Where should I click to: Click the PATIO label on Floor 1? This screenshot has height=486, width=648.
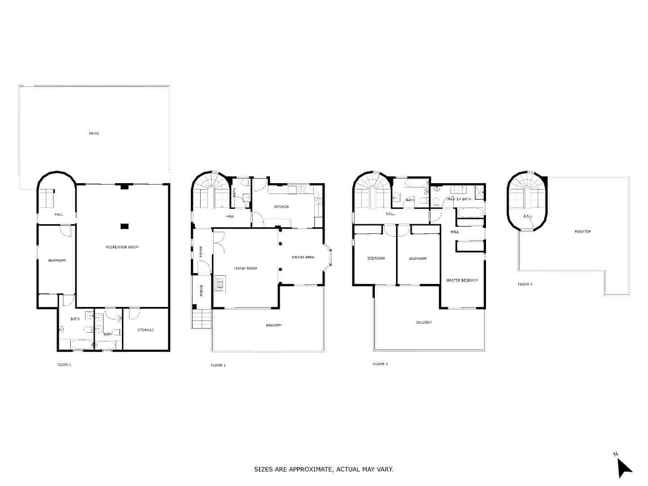tap(94, 134)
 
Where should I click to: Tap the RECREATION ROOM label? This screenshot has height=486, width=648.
tap(122, 247)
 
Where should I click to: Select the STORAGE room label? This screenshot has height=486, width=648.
tap(145, 330)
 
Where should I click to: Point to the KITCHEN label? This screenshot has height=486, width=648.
tap(281, 207)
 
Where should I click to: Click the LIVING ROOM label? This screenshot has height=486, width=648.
tap(245, 269)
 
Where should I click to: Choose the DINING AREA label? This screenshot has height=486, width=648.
tap(303, 257)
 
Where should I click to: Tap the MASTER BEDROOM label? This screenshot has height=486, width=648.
tap(462, 280)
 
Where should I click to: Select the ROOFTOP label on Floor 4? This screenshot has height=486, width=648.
tap(582, 231)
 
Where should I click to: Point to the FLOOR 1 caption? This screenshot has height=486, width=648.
tap(63, 364)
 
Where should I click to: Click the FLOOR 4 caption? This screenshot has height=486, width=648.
tap(525, 284)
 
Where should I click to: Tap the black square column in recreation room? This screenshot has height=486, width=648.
tap(125, 226)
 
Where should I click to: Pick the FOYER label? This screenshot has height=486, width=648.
tap(201, 252)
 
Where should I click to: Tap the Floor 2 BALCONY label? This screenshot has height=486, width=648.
tap(274, 325)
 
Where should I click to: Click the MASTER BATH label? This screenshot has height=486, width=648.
tap(459, 199)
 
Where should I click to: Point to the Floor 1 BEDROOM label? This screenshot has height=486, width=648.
tap(57, 260)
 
